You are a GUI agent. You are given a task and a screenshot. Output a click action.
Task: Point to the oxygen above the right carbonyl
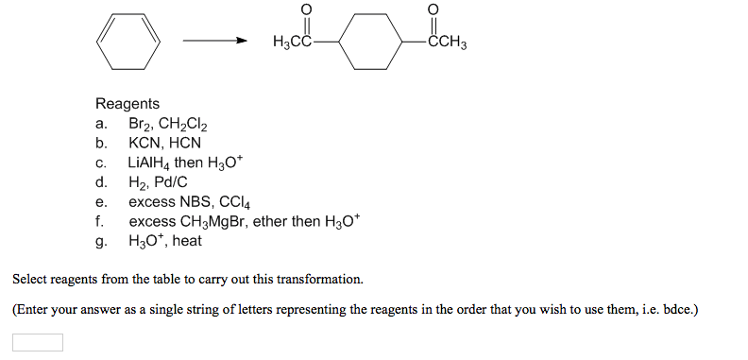click(x=433, y=9)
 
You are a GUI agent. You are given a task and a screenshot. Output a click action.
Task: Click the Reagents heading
click(x=127, y=104)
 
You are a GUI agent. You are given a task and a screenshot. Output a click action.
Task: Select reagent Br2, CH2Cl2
click(x=168, y=124)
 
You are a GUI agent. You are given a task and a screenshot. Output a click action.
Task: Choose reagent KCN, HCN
click(x=165, y=144)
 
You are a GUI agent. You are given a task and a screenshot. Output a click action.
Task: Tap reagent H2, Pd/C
click(x=158, y=181)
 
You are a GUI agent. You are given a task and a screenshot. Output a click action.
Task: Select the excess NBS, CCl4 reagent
click(x=188, y=201)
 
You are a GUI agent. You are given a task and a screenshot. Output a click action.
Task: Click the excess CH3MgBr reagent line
click(x=244, y=221)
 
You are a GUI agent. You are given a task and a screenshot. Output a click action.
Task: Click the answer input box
click(x=38, y=342)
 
